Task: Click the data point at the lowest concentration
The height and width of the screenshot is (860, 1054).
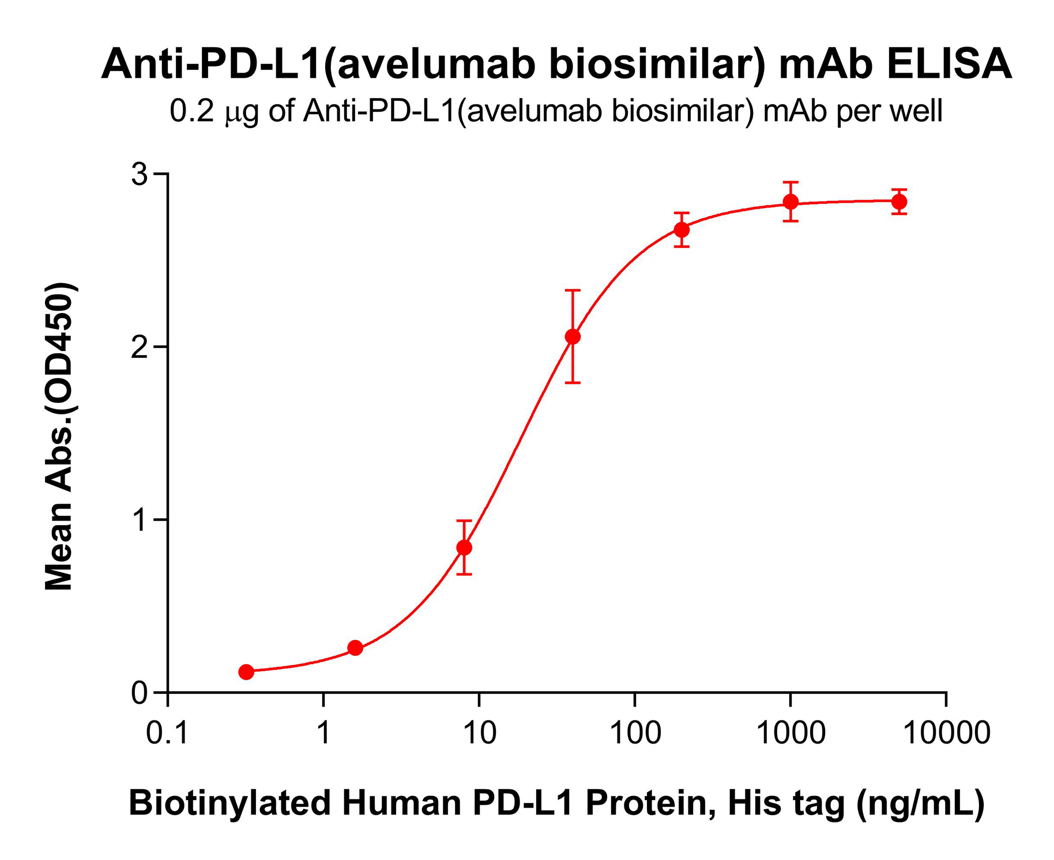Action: (x=246, y=672)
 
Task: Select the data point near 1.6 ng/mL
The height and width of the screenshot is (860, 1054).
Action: (x=355, y=648)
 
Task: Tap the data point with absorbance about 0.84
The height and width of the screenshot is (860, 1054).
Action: (x=464, y=547)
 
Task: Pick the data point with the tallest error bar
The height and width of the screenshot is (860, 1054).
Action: (x=573, y=337)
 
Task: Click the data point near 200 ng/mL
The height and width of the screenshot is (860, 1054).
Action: (x=682, y=229)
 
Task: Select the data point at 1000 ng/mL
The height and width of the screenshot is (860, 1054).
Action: (x=790, y=202)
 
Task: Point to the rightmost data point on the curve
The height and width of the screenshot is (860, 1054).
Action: (x=899, y=202)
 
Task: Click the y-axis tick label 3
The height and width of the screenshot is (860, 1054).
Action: (x=140, y=174)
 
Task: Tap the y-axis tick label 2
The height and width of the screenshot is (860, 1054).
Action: (x=140, y=347)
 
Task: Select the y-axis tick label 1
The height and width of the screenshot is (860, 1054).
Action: (x=140, y=520)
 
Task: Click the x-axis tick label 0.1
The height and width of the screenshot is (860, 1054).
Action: (x=167, y=733)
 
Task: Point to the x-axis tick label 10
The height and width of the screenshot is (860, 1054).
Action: (x=479, y=733)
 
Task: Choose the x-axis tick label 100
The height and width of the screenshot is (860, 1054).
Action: (x=635, y=733)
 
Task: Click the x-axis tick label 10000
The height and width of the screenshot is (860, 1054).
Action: (x=946, y=733)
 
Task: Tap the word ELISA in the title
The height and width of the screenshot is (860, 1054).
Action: (x=949, y=65)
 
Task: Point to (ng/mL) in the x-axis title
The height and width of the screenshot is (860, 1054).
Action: (x=920, y=803)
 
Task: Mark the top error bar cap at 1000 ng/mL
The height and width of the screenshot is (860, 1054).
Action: (x=790, y=182)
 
